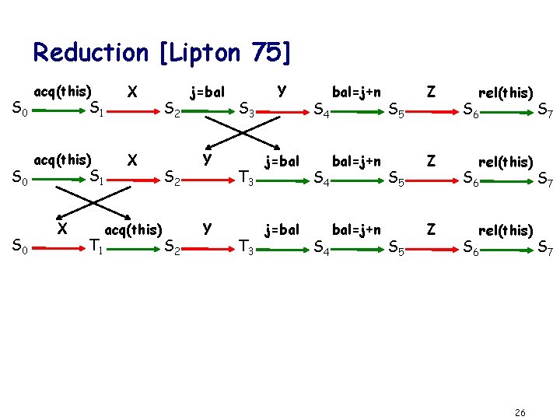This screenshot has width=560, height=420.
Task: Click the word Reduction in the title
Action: click(90, 52)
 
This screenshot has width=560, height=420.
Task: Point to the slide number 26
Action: click(520, 411)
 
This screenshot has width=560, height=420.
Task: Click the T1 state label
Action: click(97, 247)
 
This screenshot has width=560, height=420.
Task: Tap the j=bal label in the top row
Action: click(208, 93)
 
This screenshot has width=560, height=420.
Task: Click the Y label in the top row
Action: click(281, 90)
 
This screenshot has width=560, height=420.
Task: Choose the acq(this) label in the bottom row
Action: click(133, 229)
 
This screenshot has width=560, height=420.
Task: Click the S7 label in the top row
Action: click(545, 114)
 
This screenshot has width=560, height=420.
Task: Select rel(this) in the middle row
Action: click(506, 163)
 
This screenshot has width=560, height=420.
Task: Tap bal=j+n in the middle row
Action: click(356, 161)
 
